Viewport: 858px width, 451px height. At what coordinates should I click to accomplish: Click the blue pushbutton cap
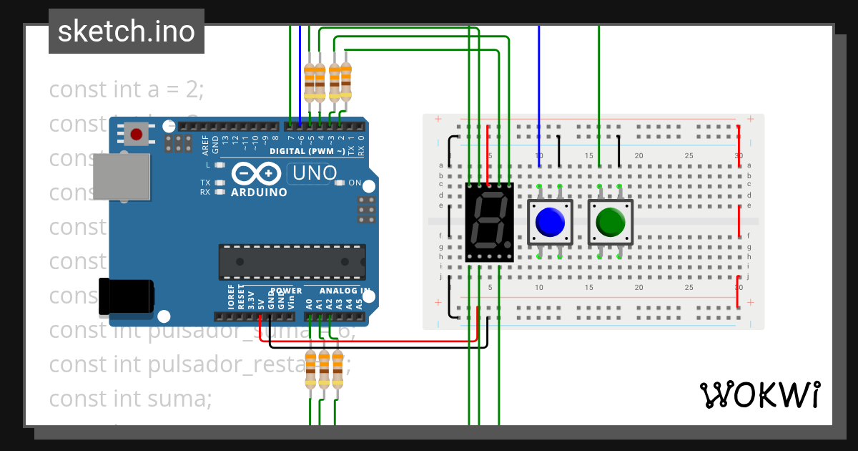tap(550, 221)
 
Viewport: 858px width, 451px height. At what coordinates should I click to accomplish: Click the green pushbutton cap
tap(610, 221)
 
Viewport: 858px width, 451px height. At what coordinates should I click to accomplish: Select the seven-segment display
tap(489, 221)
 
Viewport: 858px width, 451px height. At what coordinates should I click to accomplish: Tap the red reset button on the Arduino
tap(136, 134)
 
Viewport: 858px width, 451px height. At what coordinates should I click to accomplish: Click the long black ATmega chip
tap(292, 262)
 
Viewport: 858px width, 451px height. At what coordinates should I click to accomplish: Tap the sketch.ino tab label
tap(127, 31)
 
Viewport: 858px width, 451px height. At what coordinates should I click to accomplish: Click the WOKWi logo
tap(759, 394)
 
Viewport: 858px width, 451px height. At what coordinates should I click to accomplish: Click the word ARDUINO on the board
tap(259, 192)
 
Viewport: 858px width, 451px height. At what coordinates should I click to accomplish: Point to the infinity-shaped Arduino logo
tap(255, 174)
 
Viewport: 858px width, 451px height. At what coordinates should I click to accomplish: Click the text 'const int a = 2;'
tap(127, 90)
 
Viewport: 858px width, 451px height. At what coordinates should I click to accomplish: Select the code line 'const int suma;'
tap(130, 398)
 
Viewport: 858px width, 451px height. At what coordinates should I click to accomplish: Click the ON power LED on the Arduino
tap(340, 183)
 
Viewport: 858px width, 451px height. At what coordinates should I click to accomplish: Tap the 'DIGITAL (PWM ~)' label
tap(307, 151)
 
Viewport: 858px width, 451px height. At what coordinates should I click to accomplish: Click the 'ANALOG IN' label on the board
tap(344, 291)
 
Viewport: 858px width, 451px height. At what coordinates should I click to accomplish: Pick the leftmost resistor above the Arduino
tap(310, 82)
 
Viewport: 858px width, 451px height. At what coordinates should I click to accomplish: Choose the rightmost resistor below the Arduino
tap(337, 369)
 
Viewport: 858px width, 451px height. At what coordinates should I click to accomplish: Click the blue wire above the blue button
tap(539, 93)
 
